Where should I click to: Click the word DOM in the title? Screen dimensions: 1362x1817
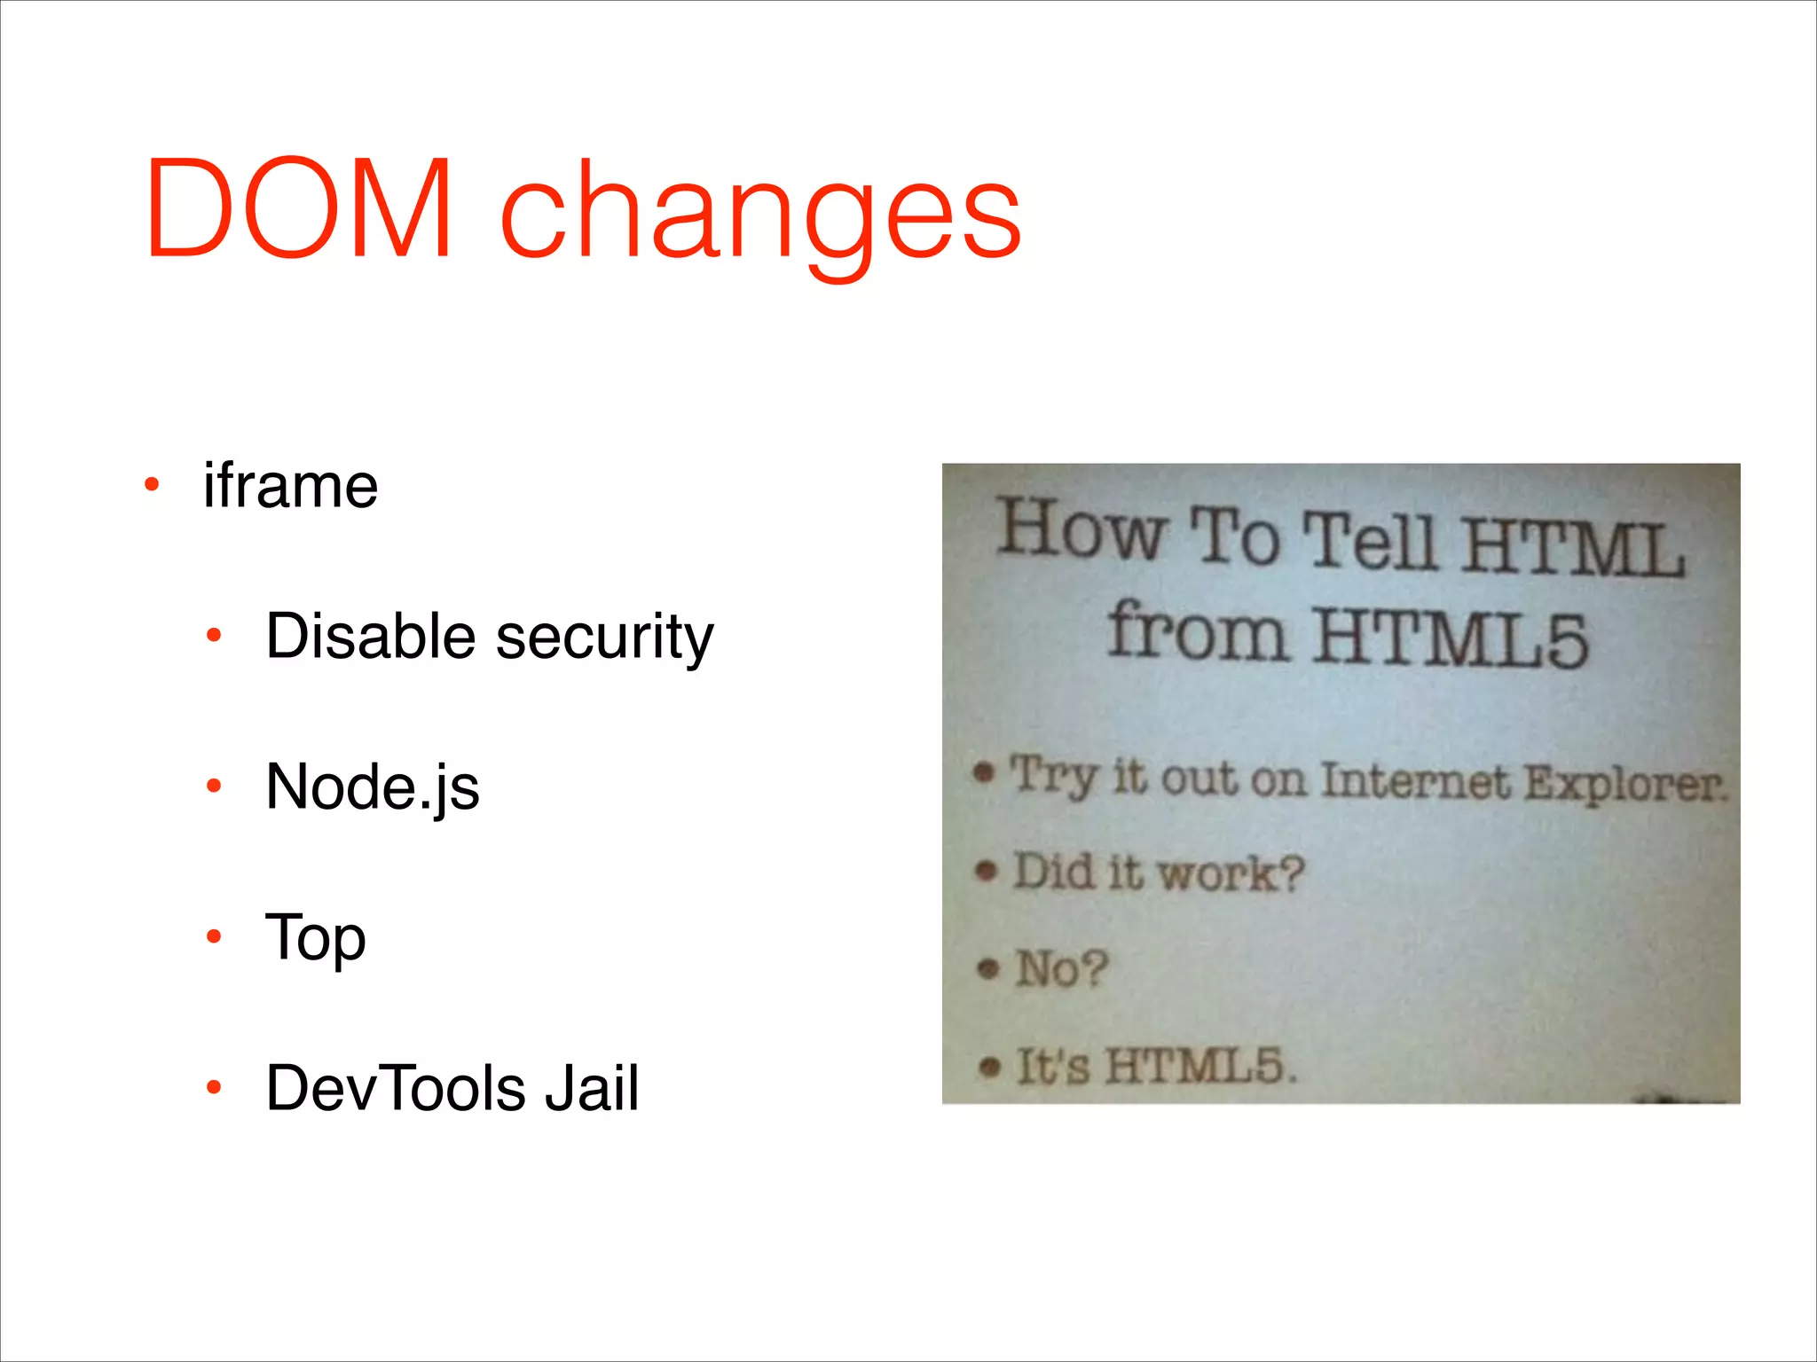(x=300, y=209)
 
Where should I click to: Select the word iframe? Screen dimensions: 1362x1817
(x=290, y=486)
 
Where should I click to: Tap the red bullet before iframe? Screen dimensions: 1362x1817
(x=152, y=485)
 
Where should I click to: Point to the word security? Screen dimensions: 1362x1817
(x=604, y=638)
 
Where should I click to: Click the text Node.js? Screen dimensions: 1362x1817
(x=373, y=787)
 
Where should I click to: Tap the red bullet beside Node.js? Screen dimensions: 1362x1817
(x=213, y=786)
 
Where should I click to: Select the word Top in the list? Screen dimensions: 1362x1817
(x=315, y=938)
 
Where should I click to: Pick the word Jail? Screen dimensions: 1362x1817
(x=592, y=1087)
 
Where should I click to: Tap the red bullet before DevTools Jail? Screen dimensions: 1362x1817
(x=213, y=1086)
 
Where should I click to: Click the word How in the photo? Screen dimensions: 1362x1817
(x=1081, y=529)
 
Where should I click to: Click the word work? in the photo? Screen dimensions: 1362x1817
(x=1231, y=873)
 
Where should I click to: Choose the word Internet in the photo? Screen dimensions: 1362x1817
(x=1415, y=781)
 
